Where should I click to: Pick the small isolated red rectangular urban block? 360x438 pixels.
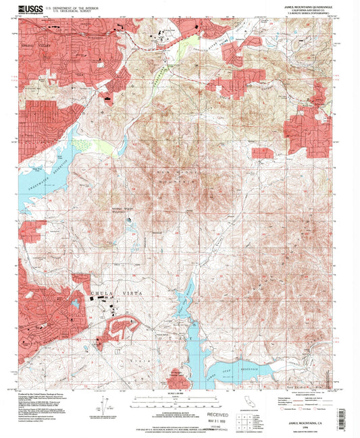[x=262, y=153]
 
